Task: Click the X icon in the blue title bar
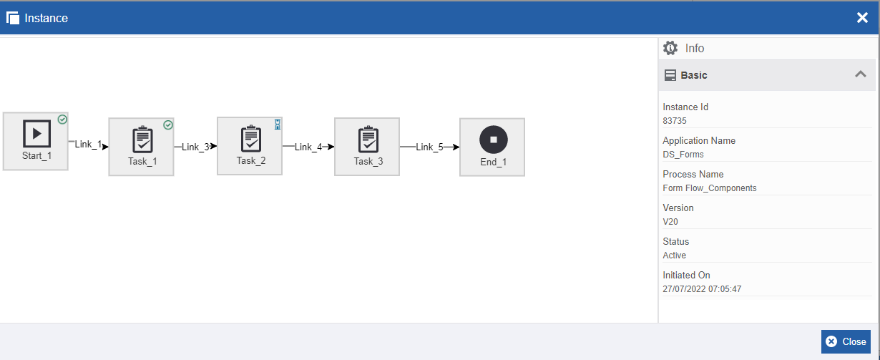click(x=862, y=18)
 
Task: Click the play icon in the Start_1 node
click(x=36, y=134)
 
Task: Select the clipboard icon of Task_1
click(x=142, y=139)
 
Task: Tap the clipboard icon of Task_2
click(x=251, y=138)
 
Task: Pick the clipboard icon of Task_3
click(x=368, y=139)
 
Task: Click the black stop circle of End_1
click(x=494, y=140)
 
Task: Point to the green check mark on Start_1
click(x=62, y=120)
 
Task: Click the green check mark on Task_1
click(x=168, y=125)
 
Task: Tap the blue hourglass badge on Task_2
click(x=278, y=125)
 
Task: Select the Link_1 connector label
click(x=89, y=145)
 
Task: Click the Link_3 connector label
click(x=195, y=147)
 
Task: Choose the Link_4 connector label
click(x=308, y=147)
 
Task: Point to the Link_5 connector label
click(x=429, y=147)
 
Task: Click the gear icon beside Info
click(x=670, y=48)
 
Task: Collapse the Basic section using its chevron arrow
click(x=861, y=74)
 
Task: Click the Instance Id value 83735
click(x=675, y=121)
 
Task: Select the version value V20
click(x=670, y=222)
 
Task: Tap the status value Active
click(x=674, y=256)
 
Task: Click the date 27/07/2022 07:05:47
click(x=702, y=289)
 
